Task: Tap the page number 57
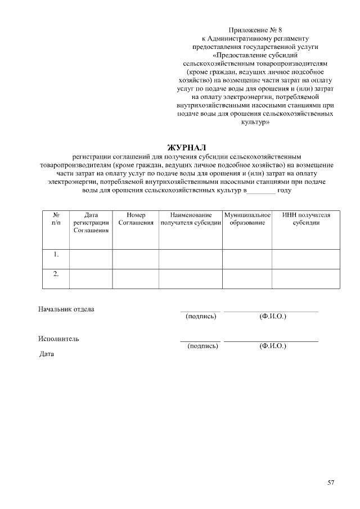click(331, 483)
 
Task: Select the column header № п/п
click(56, 219)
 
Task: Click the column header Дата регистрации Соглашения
click(91, 223)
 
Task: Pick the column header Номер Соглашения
click(136, 219)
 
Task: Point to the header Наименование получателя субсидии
click(190, 219)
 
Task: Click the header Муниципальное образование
click(247, 219)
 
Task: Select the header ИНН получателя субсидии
click(306, 219)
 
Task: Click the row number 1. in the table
click(56, 255)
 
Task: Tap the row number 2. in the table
click(56, 274)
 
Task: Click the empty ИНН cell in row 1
click(306, 259)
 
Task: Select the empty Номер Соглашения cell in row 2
click(136, 278)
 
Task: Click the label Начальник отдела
click(66, 309)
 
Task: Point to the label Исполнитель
click(58, 339)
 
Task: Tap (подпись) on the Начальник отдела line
click(201, 317)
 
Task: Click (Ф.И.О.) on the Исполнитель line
click(273, 346)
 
